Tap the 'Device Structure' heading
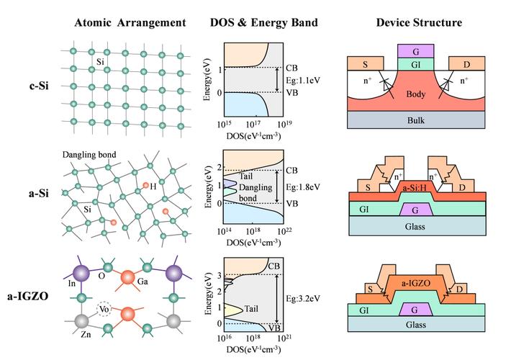pos(419,23)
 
